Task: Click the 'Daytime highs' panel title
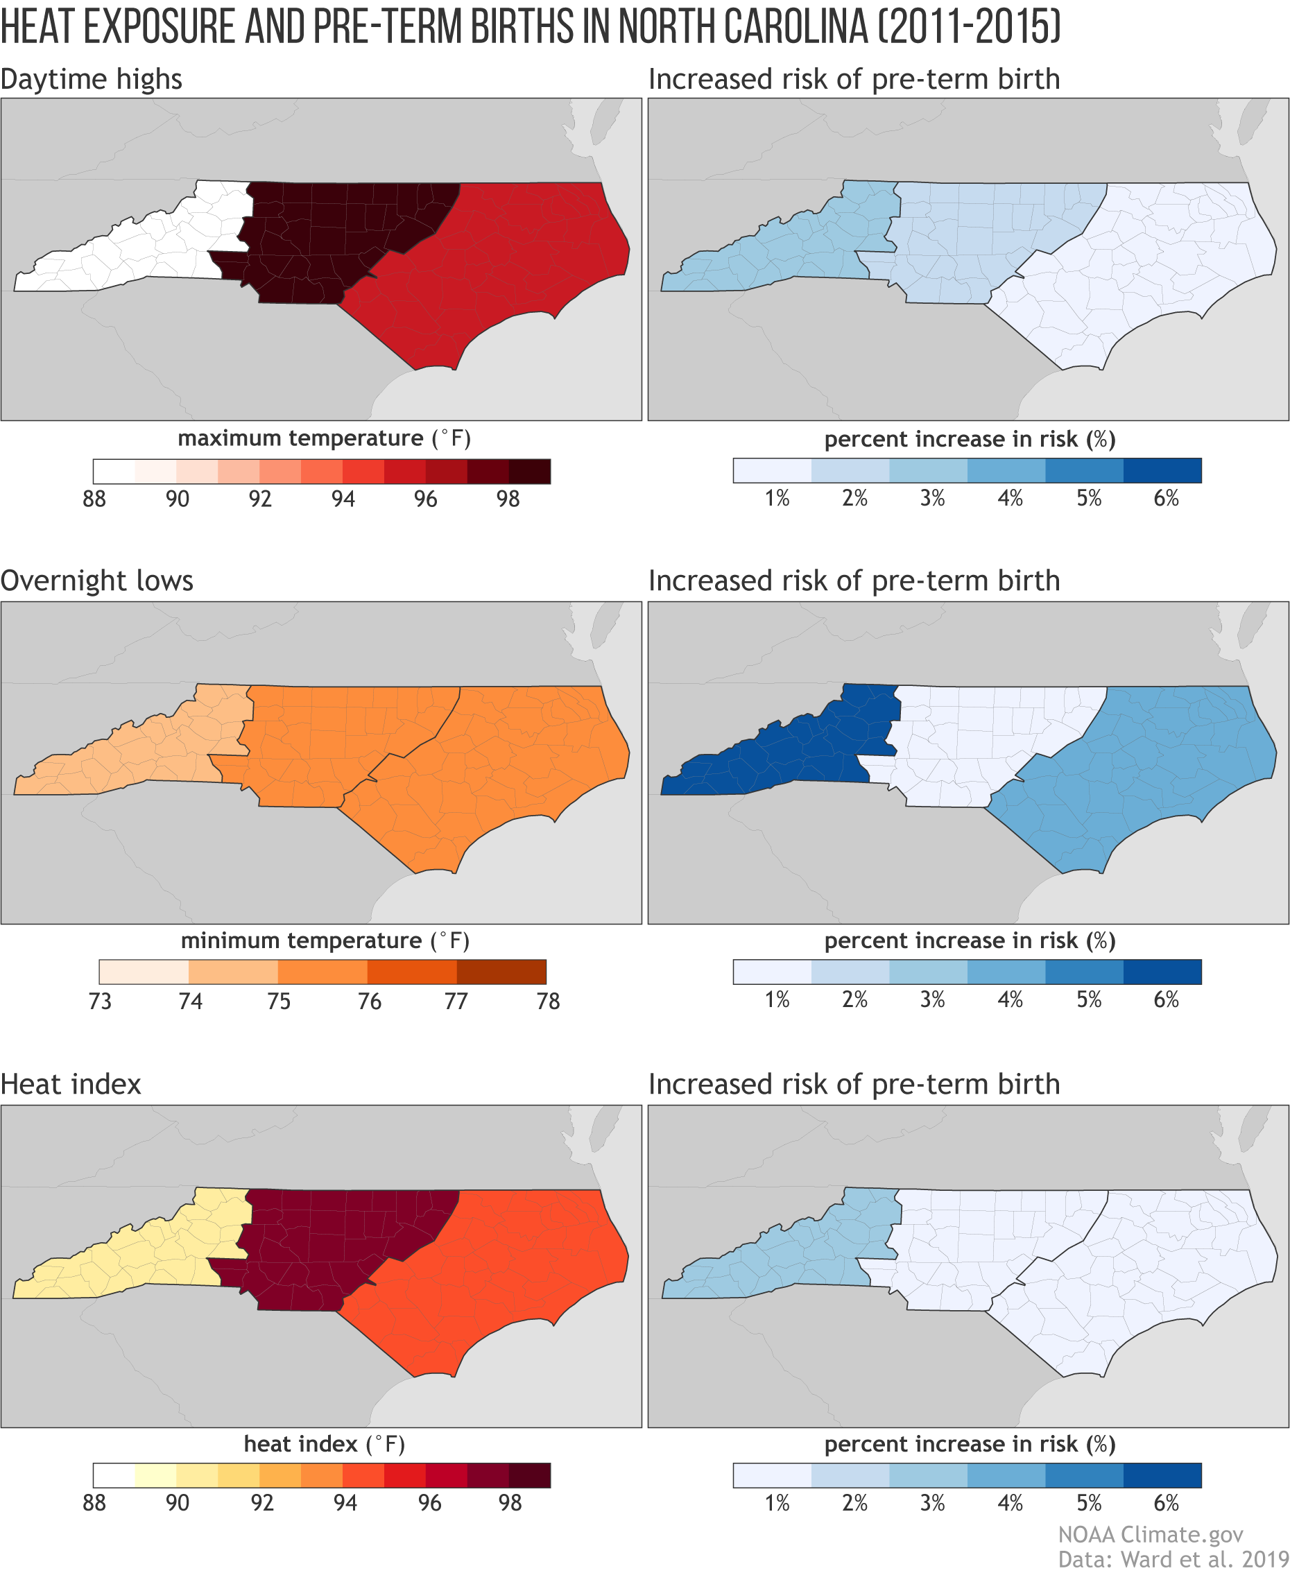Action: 91,79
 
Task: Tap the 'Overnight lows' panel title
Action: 96,581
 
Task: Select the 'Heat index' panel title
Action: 71,1084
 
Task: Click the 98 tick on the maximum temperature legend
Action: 508,499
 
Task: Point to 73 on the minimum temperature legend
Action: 101,1001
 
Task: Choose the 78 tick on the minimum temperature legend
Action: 548,1001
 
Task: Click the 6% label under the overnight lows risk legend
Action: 1166,999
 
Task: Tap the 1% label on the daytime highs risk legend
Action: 777,498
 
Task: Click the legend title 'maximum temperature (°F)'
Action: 324,438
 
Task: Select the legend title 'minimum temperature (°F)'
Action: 325,940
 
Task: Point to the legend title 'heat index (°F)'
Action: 324,1444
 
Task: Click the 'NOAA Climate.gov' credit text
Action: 1151,1534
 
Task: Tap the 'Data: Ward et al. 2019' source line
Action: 1173,1559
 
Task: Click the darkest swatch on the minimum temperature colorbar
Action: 501,972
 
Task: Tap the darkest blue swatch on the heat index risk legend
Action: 1162,1475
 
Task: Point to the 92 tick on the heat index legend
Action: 262,1503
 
